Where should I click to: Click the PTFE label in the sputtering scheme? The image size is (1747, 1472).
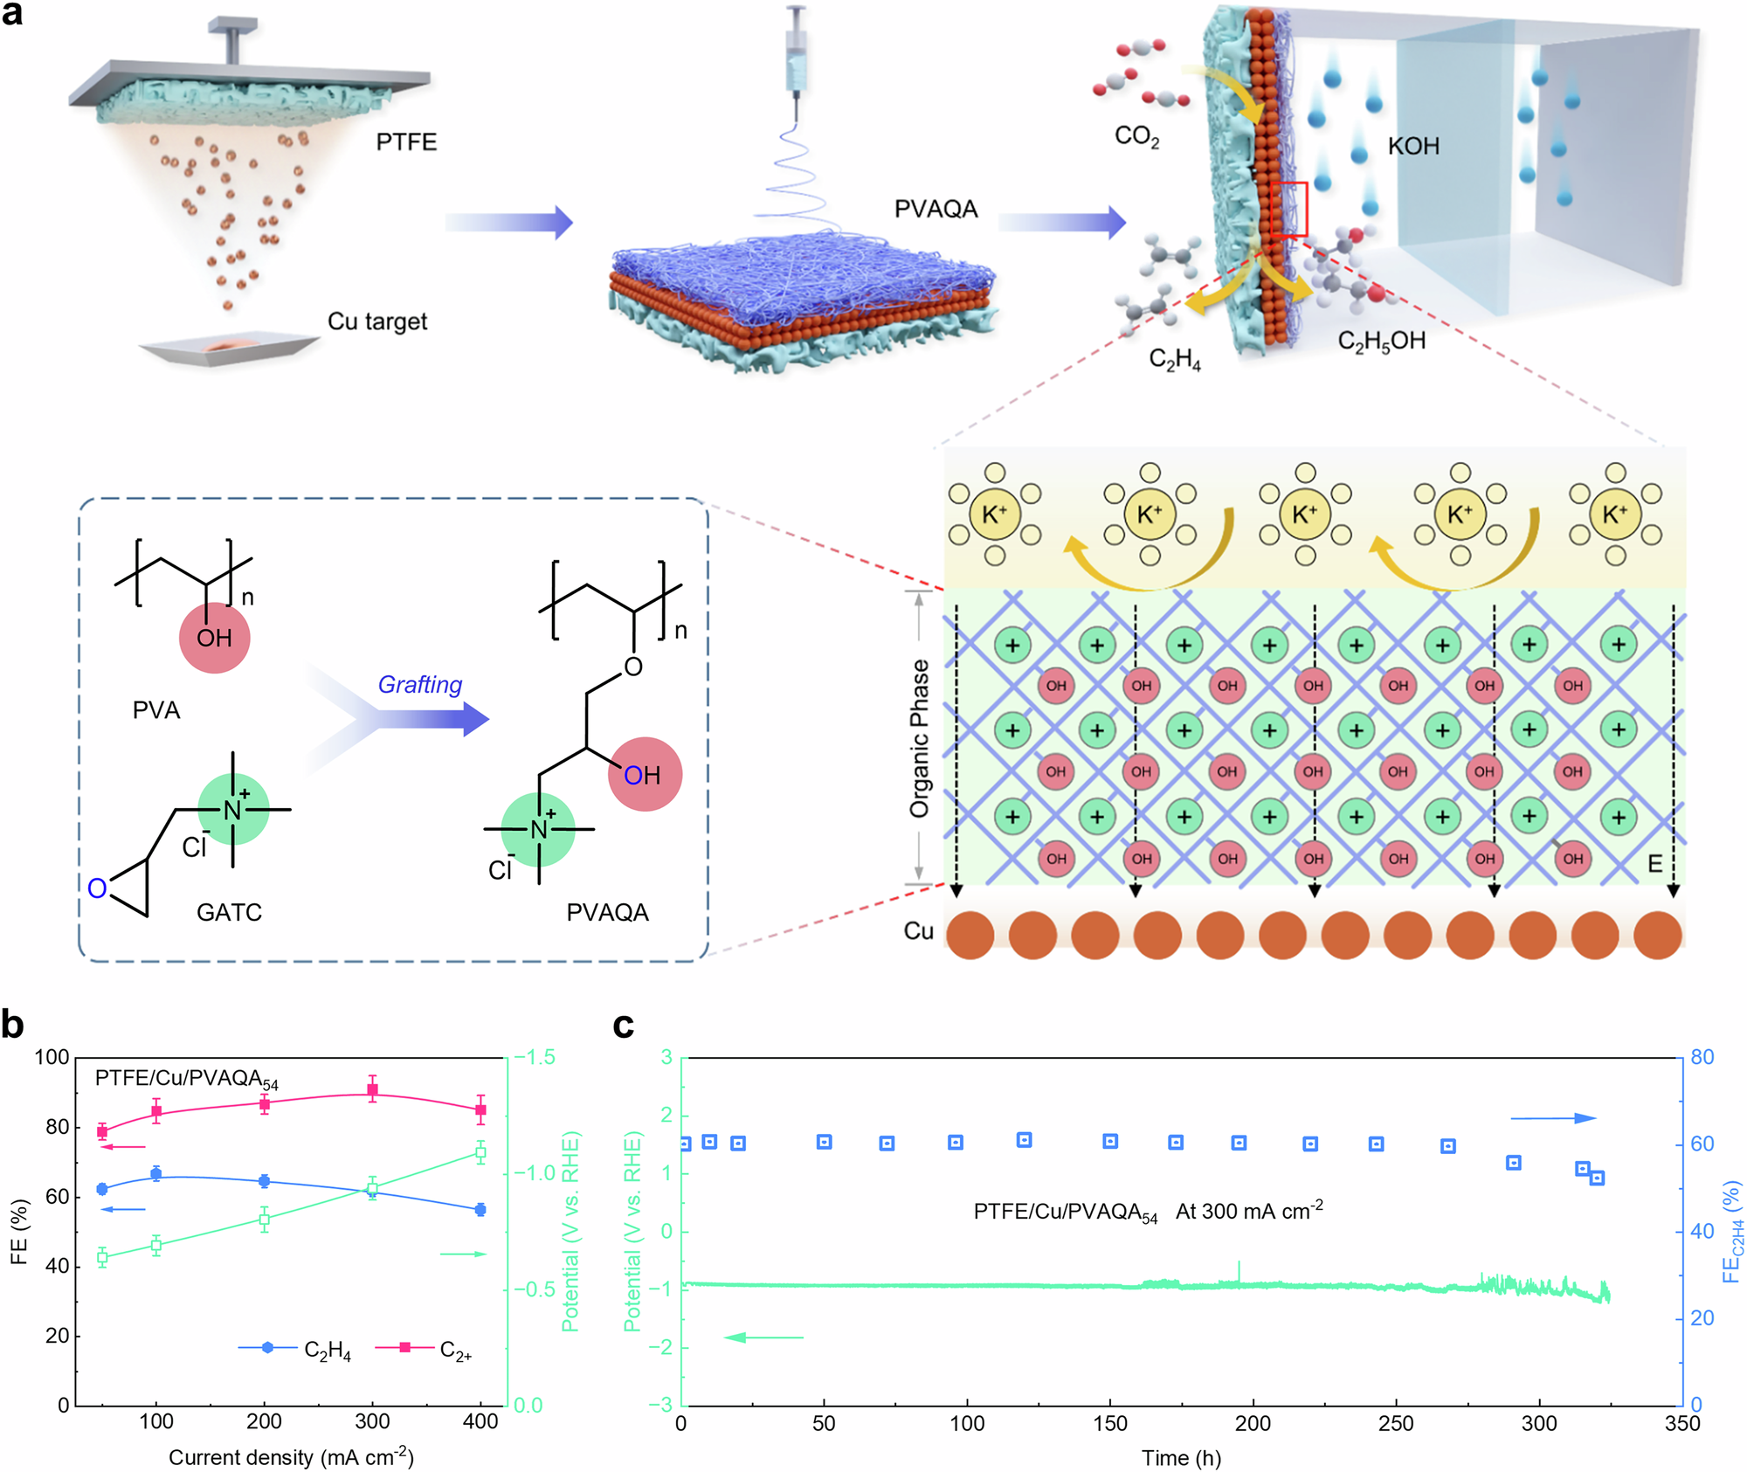tap(406, 142)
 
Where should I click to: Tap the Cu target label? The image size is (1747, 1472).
tap(377, 321)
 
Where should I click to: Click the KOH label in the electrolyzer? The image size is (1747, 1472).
tap(1413, 146)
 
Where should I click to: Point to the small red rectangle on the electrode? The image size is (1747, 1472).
tap(1288, 210)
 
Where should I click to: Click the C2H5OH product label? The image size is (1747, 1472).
tap(1381, 341)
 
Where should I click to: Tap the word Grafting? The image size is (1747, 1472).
tap(419, 685)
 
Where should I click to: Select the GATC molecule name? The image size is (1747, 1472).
tap(229, 913)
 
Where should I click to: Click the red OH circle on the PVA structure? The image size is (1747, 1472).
tap(214, 638)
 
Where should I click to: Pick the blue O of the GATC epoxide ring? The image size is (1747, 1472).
tap(97, 888)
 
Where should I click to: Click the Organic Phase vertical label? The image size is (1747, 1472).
tap(919, 738)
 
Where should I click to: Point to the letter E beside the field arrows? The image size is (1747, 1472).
tap(1654, 865)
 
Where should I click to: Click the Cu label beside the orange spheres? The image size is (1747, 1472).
tap(918, 931)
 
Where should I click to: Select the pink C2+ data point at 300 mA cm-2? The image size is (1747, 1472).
tap(372, 1090)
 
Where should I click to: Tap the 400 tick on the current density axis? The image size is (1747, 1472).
tap(480, 1422)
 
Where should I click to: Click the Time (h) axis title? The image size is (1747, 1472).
tap(1181, 1457)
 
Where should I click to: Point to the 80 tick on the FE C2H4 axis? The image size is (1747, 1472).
tap(1702, 1057)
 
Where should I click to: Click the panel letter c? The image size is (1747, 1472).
tap(623, 1026)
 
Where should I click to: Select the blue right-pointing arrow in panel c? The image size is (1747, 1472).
tap(1553, 1118)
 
